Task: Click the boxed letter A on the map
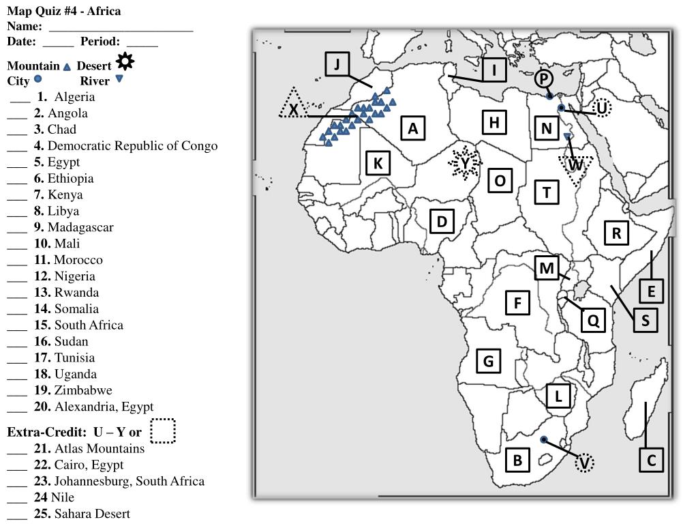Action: pos(413,128)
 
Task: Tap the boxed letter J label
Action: pos(337,65)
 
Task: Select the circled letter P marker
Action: pos(543,80)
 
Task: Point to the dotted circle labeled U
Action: pos(602,108)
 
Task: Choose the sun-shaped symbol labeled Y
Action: pos(465,164)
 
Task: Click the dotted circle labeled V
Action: pos(584,463)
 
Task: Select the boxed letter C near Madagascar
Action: pos(651,460)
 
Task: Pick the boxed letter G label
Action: pos(488,360)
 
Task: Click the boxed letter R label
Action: pos(616,233)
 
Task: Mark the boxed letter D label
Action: pos(442,221)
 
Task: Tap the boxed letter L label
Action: pos(558,396)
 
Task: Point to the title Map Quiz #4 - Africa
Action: pos(64,11)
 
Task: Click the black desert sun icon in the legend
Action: pos(125,62)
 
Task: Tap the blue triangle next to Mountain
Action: pos(67,67)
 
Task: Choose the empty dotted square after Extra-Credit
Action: pos(163,431)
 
